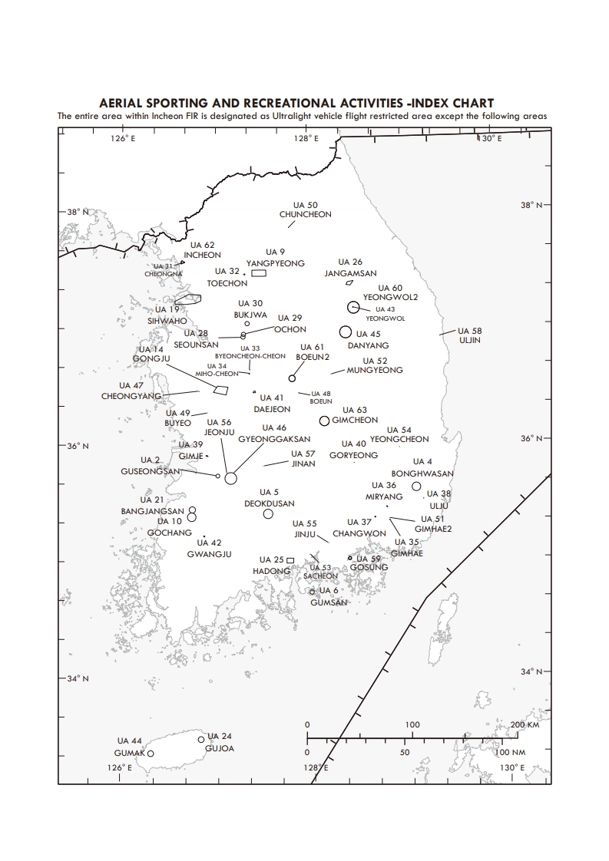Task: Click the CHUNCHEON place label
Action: [306, 215]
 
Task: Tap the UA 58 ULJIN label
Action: [469, 335]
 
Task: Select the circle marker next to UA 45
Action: [346, 332]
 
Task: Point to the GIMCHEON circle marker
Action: [325, 421]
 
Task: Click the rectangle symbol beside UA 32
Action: [258, 272]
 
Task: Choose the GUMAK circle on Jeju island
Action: [151, 754]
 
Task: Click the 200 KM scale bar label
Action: [526, 725]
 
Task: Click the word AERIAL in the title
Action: [124, 103]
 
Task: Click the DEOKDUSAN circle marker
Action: [268, 514]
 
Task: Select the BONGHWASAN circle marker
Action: [416, 486]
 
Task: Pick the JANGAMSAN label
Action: [350, 273]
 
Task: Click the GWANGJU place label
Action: [204, 554]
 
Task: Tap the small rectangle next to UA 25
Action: [290, 560]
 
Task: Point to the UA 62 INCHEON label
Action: [203, 250]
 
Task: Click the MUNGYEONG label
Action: [375, 371]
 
